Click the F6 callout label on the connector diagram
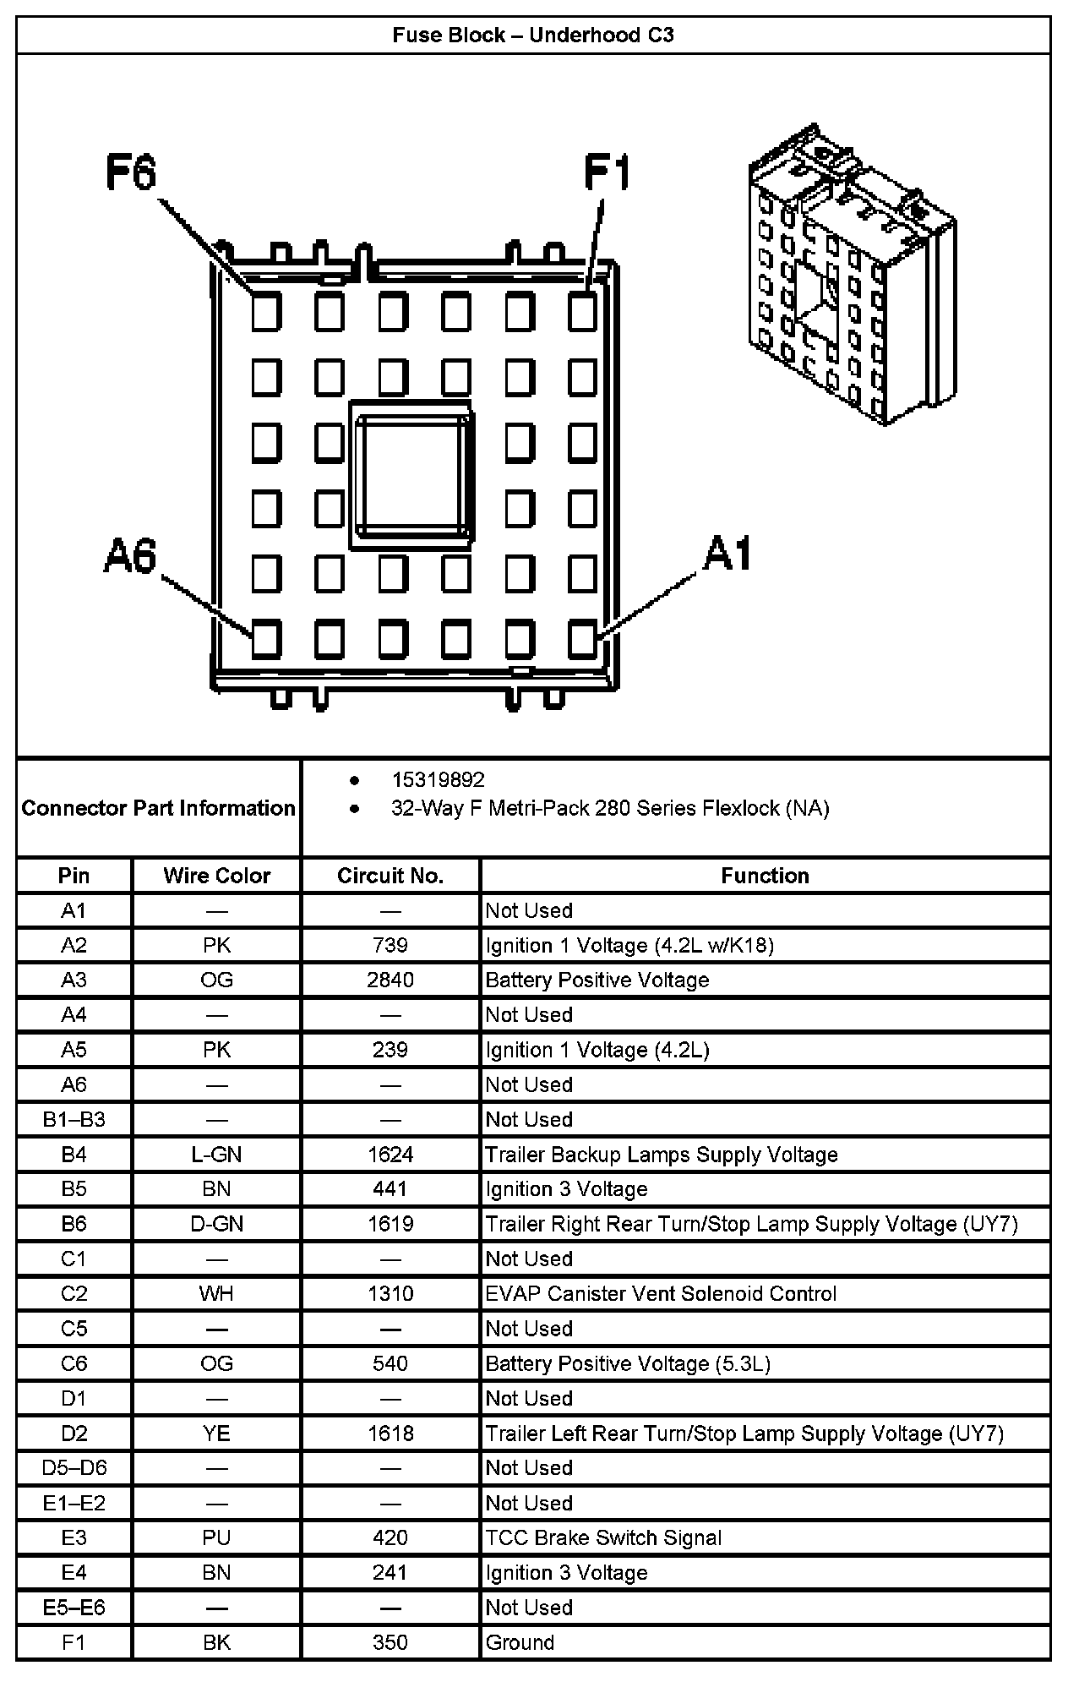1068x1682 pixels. click(132, 173)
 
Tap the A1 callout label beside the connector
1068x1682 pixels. click(727, 554)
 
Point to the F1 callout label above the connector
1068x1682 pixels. click(608, 173)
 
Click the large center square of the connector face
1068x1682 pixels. click(411, 475)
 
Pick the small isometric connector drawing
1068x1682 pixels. click(851, 274)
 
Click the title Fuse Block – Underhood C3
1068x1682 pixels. click(533, 35)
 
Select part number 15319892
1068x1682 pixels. click(438, 779)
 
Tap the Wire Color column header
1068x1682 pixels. click(216, 876)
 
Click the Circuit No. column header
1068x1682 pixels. click(390, 876)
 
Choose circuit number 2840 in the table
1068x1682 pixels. click(390, 980)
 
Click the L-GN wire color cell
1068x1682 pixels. click(216, 1155)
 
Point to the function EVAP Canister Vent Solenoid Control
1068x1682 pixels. click(661, 1293)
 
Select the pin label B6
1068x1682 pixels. click(74, 1224)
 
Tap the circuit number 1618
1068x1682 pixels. click(390, 1434)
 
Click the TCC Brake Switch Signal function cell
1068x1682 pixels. click(603, 1537)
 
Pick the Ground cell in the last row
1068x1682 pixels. click(520, 1642)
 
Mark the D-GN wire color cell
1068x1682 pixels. click(216, 1224)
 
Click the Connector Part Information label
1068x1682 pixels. click(158, 808)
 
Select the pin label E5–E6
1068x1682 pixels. click(74, 1607)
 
